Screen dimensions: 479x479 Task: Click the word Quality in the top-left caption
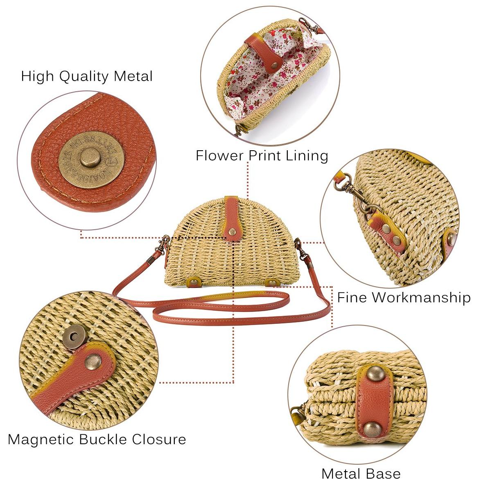(84, 77)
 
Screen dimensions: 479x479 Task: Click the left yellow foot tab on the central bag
(194, 281)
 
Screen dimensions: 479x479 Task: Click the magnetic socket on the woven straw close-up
(73, 337)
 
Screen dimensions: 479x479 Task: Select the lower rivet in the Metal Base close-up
(372, 429)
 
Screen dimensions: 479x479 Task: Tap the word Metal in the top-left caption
(133, 76)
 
